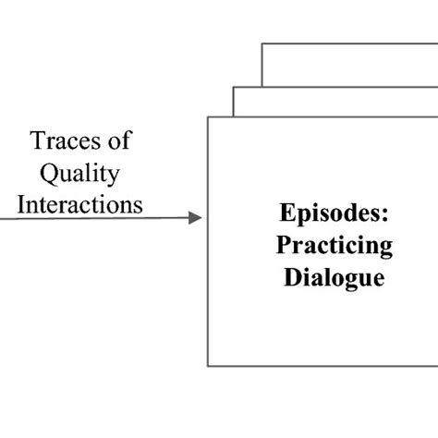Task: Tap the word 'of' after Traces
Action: tap(118, 142)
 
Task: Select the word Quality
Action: tap(84, 174)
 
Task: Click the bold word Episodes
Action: tap(333, 213)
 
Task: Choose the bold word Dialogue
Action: tap(333, 277)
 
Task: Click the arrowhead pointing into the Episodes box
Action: tap(195, 218)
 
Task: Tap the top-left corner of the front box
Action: tap(208, 116)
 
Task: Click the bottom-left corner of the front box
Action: tap(208, 366)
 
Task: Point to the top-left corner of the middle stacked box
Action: tap(233, 88)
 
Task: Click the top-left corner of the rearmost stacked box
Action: tap(262, 43)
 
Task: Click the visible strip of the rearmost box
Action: tap(351, 65)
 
